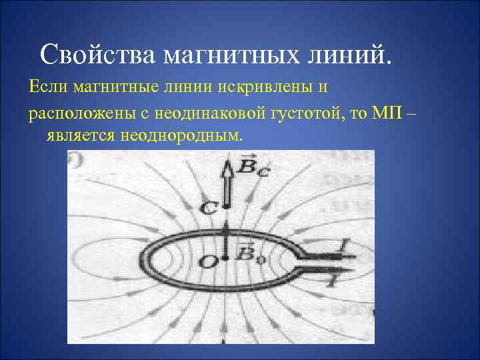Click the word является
coord(81,136)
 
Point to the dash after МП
coord(409,114)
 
